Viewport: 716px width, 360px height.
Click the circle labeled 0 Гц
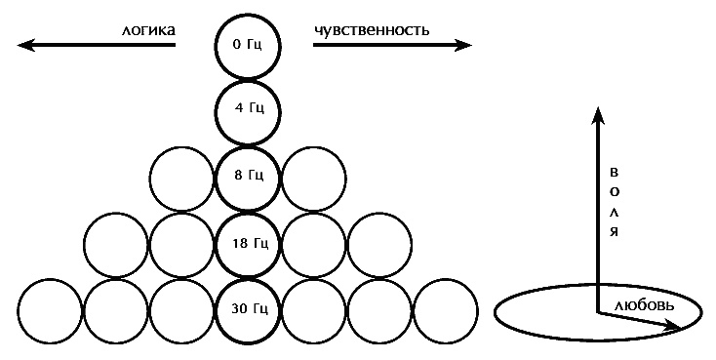(x=248, y=46)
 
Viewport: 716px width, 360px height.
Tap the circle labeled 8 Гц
(x=248, y=177)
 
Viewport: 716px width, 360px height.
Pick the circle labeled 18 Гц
(x=248, y=243)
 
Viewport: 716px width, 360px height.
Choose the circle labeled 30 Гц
(x=248, y=309)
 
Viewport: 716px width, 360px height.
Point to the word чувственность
(x=372, y=30)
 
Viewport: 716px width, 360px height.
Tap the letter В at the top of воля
(x=615, y=172)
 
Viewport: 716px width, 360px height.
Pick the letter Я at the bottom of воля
(x=615, y=232)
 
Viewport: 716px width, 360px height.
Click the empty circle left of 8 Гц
(x=182, y=177)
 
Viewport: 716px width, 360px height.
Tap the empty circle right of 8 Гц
(x=313, y=177)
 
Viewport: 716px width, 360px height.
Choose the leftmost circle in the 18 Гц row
(x=116, y=243)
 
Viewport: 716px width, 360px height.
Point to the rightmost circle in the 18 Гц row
(x=379, y=243)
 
